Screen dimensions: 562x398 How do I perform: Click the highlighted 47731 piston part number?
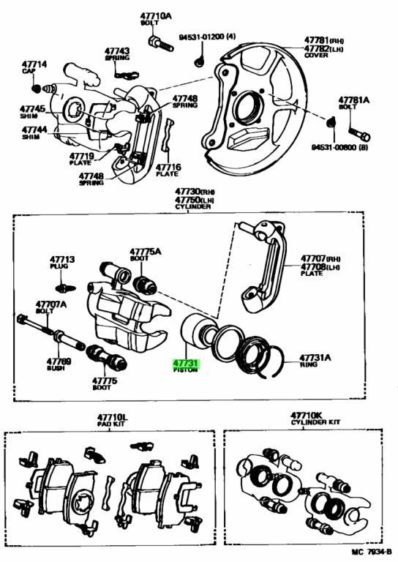(x=185, y=363)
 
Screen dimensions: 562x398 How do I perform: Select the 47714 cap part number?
(x=34, y=65)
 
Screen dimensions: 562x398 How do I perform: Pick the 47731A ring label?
(x=315, y=358)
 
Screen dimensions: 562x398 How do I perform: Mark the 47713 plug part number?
(x=62, y=259)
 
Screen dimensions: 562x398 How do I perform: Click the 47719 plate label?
(x=81, y=156)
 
